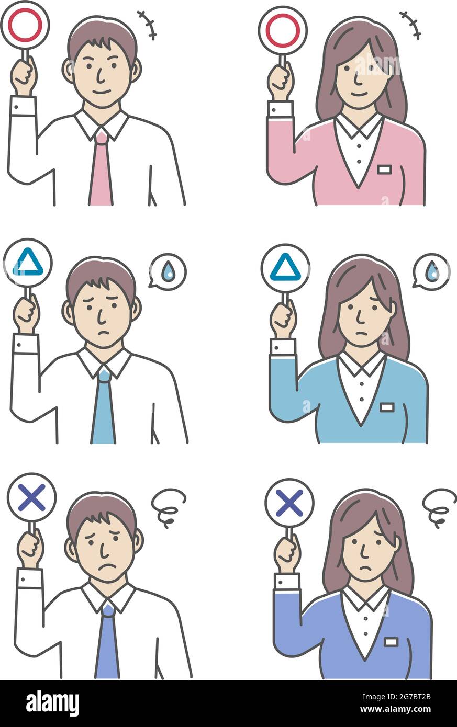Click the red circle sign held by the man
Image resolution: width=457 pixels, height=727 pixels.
click(x=25, y=25)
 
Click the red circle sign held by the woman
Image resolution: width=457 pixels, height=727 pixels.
click(x=282, y=30)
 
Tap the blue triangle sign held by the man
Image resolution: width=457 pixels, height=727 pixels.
click(x=28, y=263)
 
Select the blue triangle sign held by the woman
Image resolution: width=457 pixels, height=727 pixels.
click(x=285, y=268)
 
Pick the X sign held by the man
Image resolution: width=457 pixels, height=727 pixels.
click(x=31, y=497)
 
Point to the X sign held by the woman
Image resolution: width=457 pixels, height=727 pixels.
click(x=289, y=503)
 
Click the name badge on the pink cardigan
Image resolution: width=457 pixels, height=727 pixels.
click(x=384, y=169)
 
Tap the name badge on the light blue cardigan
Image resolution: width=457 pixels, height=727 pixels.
click(x=387, y=406)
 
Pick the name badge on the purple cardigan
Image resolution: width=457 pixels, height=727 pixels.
click(x=391, y=641)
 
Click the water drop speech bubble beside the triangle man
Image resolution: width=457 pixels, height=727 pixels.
click(x=168, y=272)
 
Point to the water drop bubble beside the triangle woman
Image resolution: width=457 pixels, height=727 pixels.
click(x=431, y=272)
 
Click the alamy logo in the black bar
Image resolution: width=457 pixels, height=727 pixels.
click(x=52, y=703)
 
